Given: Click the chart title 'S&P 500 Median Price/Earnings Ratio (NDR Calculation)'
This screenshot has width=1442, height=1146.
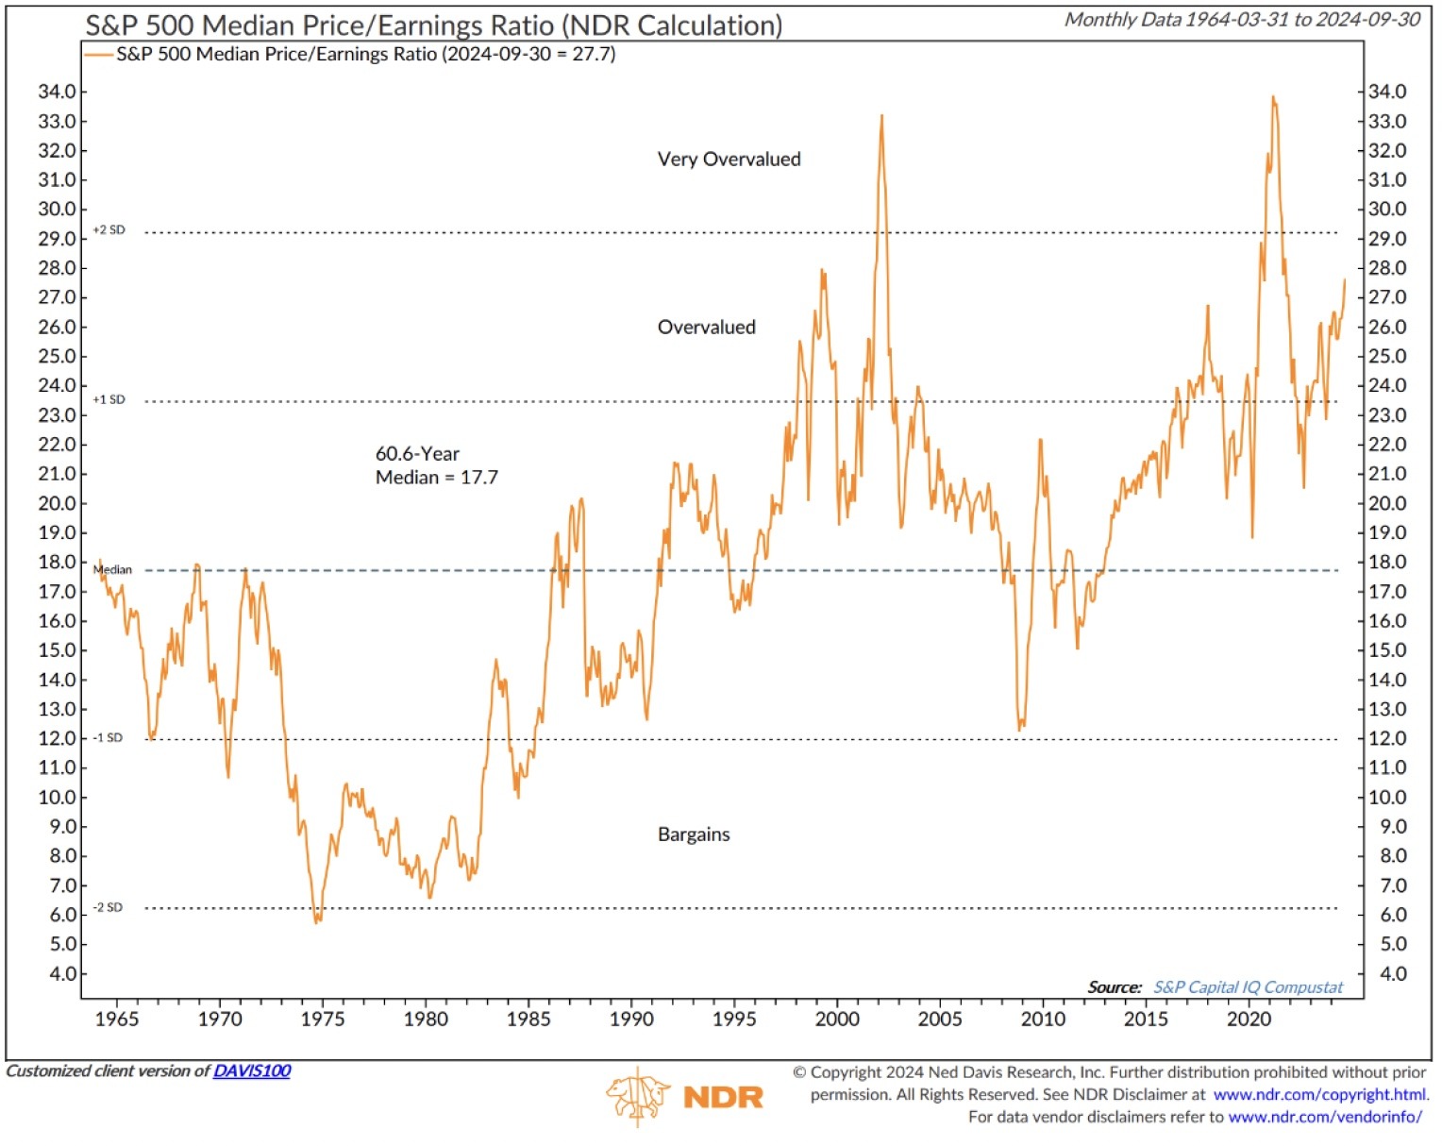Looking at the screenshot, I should coord(434,25).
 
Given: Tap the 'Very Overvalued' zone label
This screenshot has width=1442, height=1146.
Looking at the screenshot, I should coord(729,160).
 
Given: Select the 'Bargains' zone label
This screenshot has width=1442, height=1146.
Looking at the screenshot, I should coord(694,834).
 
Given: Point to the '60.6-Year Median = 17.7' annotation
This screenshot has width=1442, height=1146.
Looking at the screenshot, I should coord(436,465).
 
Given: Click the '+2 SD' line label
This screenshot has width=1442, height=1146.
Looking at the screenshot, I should coord(109,230).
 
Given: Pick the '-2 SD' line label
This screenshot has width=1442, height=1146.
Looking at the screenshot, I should coord(108,908).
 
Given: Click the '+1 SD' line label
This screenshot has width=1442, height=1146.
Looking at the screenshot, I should coord(109,400).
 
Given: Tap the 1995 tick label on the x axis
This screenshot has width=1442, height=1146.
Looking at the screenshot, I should coord(734,1020).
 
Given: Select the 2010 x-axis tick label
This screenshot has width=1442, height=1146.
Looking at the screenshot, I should coord(1043,1020).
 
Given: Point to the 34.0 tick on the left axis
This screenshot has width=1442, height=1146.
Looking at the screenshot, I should coord(57,92).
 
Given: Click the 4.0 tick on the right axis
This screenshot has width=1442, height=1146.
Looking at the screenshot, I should coord(1386,974).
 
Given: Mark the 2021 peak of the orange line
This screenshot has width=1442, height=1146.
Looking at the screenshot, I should coord(1273,97).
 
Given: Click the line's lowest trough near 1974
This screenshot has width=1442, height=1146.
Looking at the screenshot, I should coord(317,921).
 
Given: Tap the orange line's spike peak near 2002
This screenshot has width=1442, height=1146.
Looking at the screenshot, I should coord(882,116).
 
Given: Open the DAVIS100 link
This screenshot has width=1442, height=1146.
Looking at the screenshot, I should coord(252,1071).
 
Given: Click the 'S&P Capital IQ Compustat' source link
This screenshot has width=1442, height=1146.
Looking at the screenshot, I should coord(1248,987).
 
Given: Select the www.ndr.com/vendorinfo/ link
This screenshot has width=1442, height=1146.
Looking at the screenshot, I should coord(1325,1118).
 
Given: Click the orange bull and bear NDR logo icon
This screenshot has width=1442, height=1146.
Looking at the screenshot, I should coord(637,1096).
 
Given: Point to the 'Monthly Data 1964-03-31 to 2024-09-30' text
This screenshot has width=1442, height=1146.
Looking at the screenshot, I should coord(1242,20).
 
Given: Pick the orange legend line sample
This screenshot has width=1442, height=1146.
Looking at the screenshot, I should coord(99,55).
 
